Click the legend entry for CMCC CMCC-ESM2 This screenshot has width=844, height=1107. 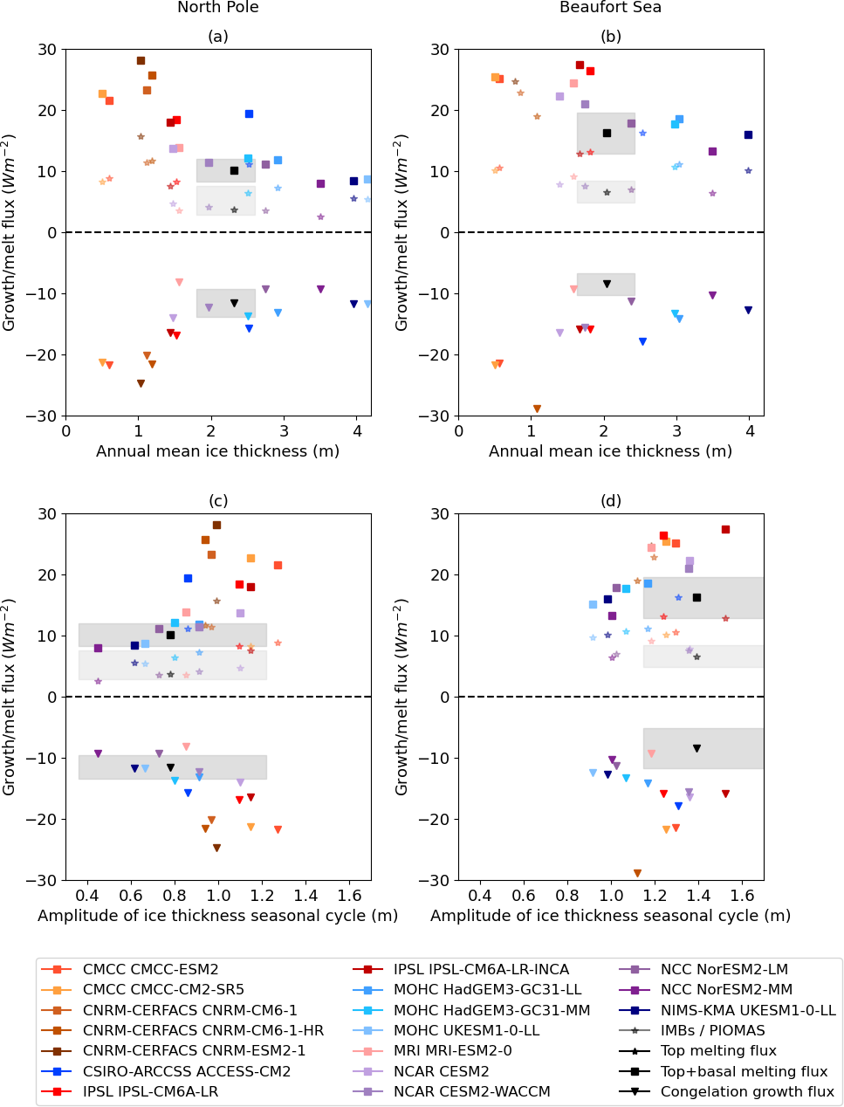[150, 969]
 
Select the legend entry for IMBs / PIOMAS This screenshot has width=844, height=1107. [712, 1030]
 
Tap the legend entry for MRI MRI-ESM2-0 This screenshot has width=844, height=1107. [452, 1050]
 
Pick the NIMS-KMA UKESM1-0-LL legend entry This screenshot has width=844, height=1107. [747, 1010]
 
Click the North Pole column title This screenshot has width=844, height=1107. [218, 8]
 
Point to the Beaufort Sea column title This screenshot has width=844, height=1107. [610, 8]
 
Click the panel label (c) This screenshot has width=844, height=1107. [218, 501]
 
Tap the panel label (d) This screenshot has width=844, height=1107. [610, 501]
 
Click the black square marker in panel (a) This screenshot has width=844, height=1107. [234, 170]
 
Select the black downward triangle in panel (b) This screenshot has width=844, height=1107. [607, 284]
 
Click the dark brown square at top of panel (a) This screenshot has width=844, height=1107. [141, 60]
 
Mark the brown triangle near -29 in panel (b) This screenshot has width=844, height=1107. [537, 409]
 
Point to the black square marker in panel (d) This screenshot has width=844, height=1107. [696, 597]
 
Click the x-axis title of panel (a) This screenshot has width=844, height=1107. [218, 451]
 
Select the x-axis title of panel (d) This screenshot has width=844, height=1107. [610, 916]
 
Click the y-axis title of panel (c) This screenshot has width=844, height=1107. [10, 697]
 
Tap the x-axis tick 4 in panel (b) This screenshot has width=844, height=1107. [750, 430]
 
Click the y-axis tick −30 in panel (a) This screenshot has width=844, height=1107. [47, 416]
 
